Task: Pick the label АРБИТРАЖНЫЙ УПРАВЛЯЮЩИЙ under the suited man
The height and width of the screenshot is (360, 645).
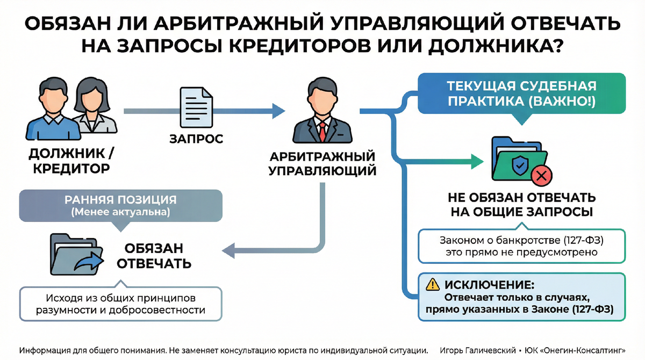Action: click(x=322, y=164)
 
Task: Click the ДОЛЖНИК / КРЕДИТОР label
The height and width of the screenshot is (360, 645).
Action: click(x=70, y=161)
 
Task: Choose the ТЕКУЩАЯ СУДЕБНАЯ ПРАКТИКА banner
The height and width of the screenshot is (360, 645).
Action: click(x=522, y=95)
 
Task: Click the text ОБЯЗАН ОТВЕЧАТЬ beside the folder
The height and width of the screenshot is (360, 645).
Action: click(x=154, y=256)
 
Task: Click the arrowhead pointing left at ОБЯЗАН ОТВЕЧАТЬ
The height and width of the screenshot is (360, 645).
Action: click(x=228, y=249)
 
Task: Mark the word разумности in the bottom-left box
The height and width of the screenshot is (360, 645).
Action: click(x=67, y=311)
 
